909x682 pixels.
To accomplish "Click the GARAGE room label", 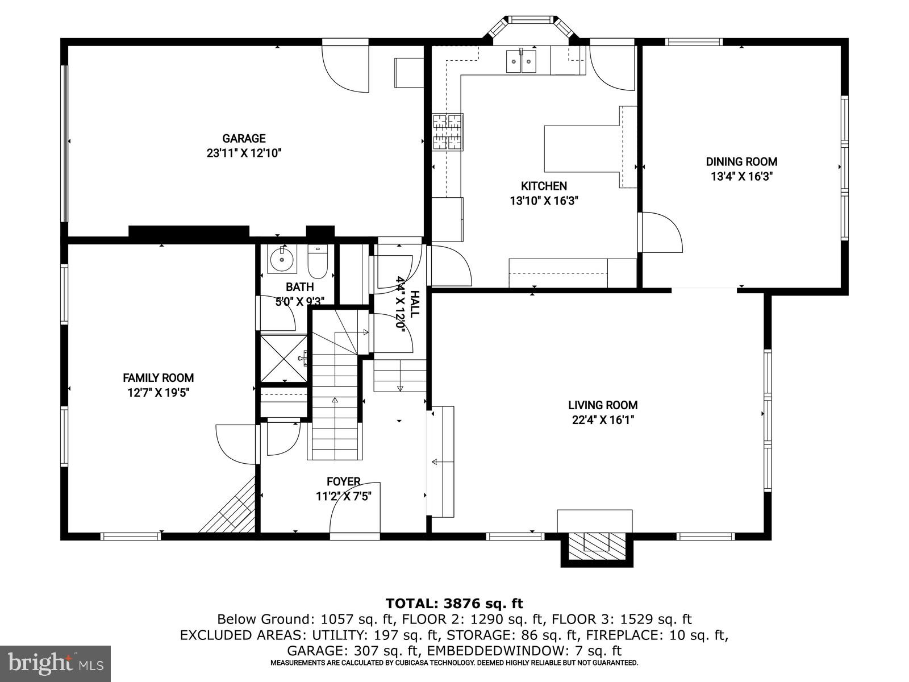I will [x=244, y=138].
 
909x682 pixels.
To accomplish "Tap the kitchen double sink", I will [x=522, y=61].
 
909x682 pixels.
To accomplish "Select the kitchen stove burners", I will [x=448, y=132].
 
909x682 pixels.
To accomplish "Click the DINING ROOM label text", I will [x=741, y=161].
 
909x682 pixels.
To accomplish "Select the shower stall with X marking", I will [x=283, y=358].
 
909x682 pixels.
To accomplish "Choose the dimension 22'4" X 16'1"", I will [x=603, y=420].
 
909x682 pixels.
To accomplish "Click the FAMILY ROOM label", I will [x=158, y=377].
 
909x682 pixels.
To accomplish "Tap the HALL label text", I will [x=415, y=304].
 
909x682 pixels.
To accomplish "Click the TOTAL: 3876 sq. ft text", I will [x=454, y=603].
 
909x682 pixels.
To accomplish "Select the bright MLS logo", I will [x=55, y=663].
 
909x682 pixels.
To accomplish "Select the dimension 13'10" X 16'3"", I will [x=544, y=201].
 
